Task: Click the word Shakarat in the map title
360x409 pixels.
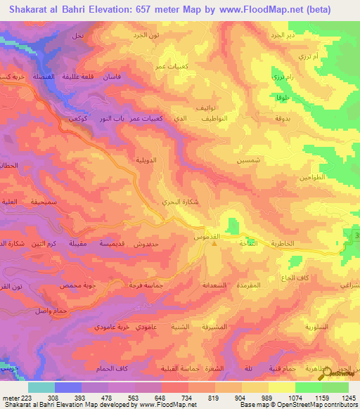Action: point(34,10)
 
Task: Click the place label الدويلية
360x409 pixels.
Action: point(146,160)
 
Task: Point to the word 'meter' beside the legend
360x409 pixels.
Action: point(12,398)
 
